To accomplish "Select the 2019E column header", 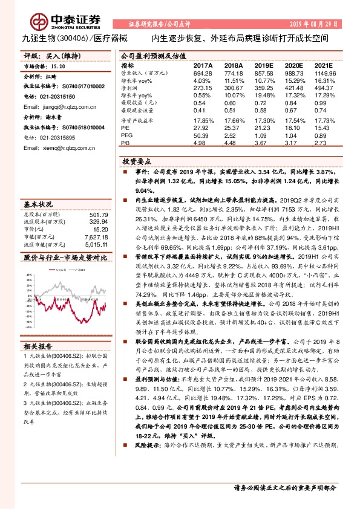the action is click(x=264, y=65).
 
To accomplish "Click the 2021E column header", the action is click(x=324, y=65).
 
